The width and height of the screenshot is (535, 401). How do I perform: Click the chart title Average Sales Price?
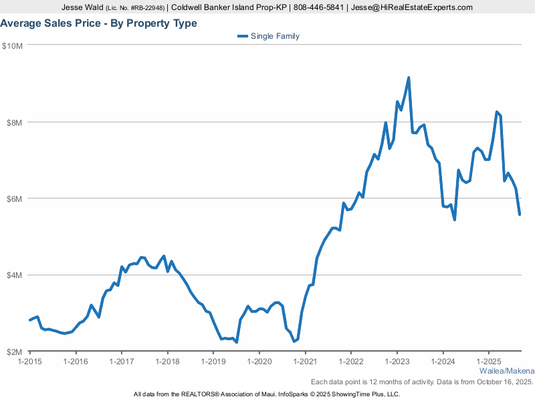click(98, 23)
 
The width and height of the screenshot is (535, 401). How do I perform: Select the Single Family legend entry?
click(274, 36)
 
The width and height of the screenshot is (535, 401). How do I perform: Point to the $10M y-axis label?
click(13, 45)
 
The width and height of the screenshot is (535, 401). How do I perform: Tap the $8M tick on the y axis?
click(15, 122)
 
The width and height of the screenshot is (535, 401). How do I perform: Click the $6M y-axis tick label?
click(15, 198)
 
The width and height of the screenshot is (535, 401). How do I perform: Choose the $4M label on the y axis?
click(15, 275)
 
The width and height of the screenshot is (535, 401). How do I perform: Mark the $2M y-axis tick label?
click(15, 352)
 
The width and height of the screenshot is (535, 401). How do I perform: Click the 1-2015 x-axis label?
click(30, 362)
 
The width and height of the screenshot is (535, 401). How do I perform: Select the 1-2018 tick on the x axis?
click(167, 362)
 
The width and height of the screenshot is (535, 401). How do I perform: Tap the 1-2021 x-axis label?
click(305, 362)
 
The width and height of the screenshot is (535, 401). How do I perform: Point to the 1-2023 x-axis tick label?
click(397, 362)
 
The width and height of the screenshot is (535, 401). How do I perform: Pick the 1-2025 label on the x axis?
click(488, 362)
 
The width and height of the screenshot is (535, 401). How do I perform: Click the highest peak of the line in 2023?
click(409, 78)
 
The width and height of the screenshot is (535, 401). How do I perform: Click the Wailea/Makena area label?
click(507, 371)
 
